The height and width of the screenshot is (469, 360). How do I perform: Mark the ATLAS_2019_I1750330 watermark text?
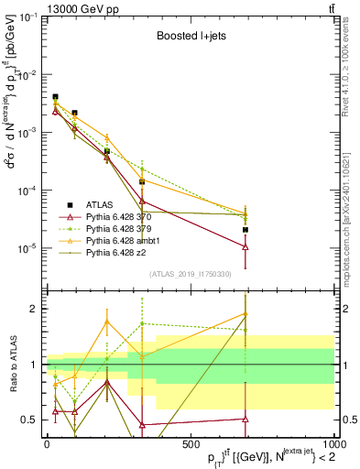(x=191, y=274)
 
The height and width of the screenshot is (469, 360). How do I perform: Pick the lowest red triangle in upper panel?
(x=245, y=246)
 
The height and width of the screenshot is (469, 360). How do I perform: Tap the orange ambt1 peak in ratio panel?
(x=107, y=322)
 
